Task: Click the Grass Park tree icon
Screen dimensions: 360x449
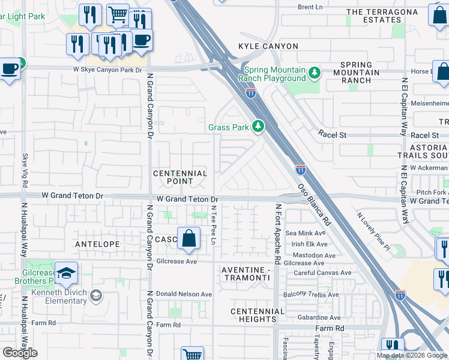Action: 258,126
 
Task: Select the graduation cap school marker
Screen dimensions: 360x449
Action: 67,273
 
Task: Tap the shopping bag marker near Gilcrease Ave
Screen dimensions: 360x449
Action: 188,238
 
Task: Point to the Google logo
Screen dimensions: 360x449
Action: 20,352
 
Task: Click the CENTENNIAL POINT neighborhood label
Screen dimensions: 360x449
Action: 180,177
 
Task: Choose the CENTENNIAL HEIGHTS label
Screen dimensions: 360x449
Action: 257,315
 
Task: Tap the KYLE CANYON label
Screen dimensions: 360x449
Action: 268,46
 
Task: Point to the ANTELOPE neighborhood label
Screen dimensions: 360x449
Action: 98,244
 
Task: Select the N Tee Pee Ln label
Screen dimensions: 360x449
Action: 213,224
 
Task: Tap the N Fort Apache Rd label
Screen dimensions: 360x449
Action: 278,235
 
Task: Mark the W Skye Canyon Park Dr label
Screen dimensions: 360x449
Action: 107,70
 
